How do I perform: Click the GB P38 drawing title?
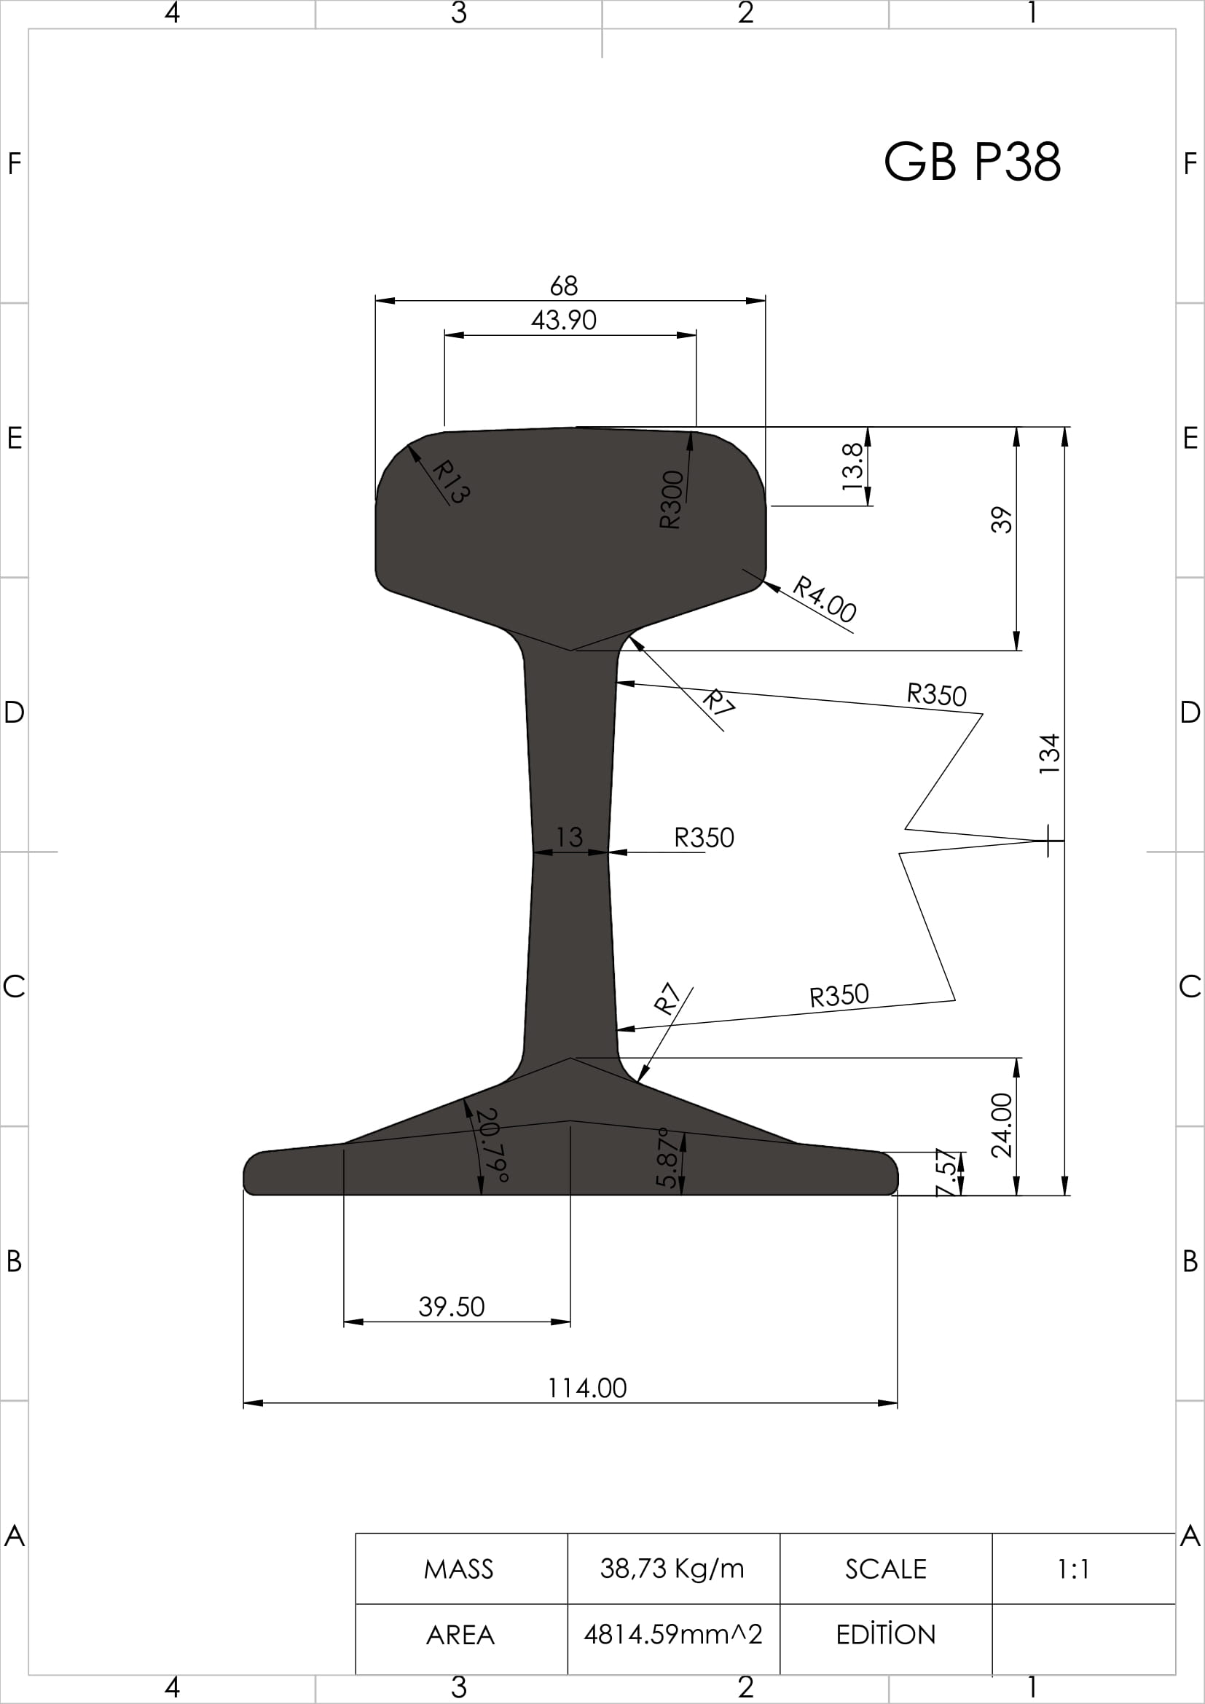point(972,161)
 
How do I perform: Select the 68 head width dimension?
point(564,285)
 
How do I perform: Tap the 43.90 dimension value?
point(564,320)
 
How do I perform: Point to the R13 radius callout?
point(450,481)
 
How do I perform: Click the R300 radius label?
point(671,500)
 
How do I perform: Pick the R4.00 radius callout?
point(825,599)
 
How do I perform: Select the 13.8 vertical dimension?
point(853,466)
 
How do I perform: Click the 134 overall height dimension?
point(1050,754)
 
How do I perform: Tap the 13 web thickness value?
point(569,837)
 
